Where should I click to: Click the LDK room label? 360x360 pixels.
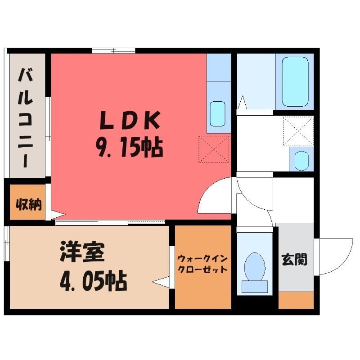point(130,120)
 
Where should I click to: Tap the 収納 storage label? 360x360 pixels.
point(29,204)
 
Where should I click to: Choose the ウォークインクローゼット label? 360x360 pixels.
point(203,264)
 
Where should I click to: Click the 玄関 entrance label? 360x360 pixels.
point(295,260)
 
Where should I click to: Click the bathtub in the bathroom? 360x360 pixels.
point(295,82)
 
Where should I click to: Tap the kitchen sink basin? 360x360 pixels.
point(217,114)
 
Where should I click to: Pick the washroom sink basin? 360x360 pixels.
point(301,161)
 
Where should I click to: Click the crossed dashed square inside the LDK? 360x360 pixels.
point(214,149)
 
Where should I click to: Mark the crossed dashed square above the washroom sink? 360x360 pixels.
point(298,131)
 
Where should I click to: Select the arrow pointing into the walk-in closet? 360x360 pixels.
point(161,282)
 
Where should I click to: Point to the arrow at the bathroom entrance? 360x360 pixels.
point(243,103)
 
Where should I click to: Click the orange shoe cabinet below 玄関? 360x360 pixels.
point(296,300)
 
